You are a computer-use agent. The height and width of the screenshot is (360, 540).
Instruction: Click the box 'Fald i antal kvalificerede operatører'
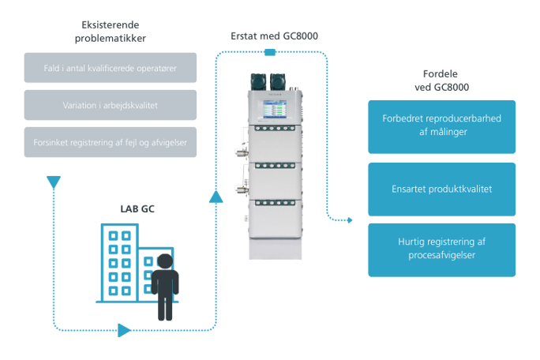pyautogui.click(x=111, y=67)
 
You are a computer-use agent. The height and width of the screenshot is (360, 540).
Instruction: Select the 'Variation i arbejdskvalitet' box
pyautogui.click(x=111, y=104)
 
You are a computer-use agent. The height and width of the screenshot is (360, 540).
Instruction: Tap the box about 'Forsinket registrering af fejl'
pyautogui.click(x=111, y=142)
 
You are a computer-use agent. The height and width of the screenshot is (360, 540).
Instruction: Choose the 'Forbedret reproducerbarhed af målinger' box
pyautogui.click(x=441, y=126)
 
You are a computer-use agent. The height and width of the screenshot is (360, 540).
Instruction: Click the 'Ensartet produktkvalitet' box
pyautogui.click(x=441, y=189)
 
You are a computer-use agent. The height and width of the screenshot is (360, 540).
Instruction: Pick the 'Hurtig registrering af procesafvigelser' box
pyautogui.click(x=441, y=249)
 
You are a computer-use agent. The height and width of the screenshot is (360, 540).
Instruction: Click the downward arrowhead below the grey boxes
pyautogui.click(x=53, y=183)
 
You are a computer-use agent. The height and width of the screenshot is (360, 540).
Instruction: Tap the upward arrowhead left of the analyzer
pyautogui.click(x=214, y=195)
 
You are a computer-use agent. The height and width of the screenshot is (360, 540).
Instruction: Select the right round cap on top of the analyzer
pyautogui.click(x=279, y=80)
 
